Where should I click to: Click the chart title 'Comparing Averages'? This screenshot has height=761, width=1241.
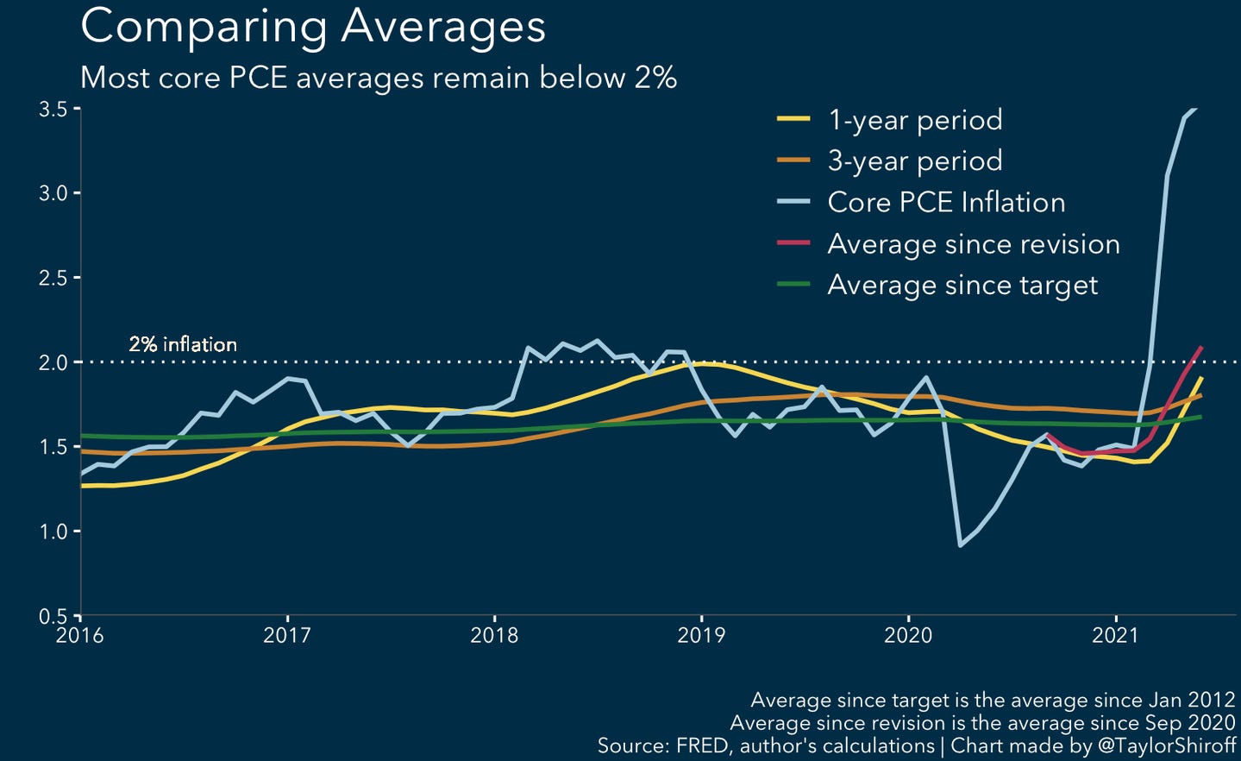point(313,27)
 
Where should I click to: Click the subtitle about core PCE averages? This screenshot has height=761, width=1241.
point(378,78)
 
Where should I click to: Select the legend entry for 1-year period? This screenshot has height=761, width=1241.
point(914,120)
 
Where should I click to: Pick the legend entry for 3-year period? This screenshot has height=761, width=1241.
point(914,161)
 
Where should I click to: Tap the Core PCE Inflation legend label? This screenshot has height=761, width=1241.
point(945,203)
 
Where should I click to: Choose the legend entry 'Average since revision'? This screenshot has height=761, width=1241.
point(973,244)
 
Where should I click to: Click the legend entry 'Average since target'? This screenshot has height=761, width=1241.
point(962,286)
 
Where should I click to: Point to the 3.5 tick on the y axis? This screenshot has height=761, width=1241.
point(53,110)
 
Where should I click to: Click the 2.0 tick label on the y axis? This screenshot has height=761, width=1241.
point(53,363)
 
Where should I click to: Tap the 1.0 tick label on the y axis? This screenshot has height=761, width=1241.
point(53,532)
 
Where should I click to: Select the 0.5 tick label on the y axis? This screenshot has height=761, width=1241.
point(53,616)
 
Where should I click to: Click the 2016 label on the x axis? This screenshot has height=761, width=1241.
point(79,636)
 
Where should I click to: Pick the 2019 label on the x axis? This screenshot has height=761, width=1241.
point(701,636)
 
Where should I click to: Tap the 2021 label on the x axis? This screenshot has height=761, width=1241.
point(1116,636)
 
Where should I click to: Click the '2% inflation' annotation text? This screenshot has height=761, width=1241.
point(183,344)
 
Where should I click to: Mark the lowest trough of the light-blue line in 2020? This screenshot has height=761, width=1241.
point(961,544)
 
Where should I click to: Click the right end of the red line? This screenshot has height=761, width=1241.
point(1201,348)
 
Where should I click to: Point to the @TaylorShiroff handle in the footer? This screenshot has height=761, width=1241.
point(1166,745)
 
